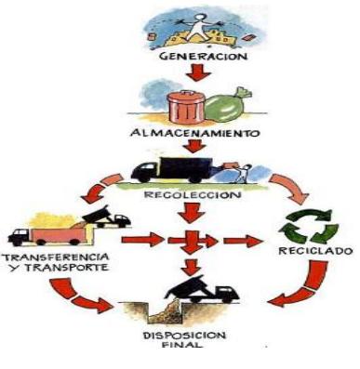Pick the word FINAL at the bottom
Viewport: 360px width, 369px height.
(x=186, y=349)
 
